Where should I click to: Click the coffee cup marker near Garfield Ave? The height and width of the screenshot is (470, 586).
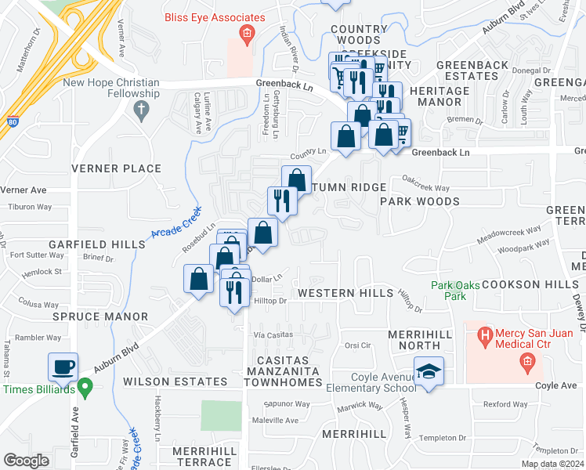tap(63, 366)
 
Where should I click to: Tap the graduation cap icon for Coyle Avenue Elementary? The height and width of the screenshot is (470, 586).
tap(429, 371)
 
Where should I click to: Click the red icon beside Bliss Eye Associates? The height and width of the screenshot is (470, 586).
tap(247, 32)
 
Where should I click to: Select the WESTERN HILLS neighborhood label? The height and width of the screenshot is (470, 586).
tap(345, 292)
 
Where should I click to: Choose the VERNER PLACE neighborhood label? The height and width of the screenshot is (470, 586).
tap(116, 168)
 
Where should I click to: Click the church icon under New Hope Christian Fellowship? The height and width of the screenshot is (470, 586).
tap(142, 110)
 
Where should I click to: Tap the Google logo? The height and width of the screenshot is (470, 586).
tap(26, 460)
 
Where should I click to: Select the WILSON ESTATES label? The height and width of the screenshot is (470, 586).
tap(175, 381)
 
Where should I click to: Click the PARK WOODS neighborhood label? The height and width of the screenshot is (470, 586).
tap(419, 201)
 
